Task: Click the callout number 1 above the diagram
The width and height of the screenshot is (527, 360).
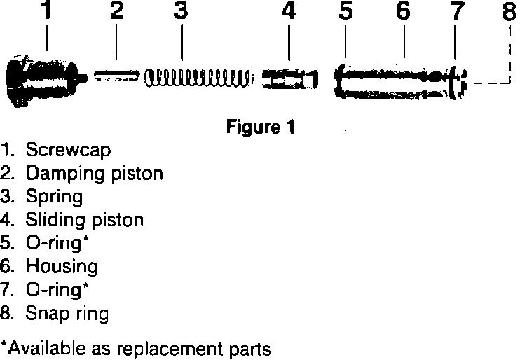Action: [46, 11]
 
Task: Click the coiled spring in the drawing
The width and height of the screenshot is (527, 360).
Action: [198, 76]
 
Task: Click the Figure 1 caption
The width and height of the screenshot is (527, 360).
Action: [260, 129]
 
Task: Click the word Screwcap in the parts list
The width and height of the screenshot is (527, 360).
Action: [68, 150]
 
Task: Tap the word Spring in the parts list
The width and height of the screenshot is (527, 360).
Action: [54, 197]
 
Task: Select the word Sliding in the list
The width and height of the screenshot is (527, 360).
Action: [55, 221]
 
